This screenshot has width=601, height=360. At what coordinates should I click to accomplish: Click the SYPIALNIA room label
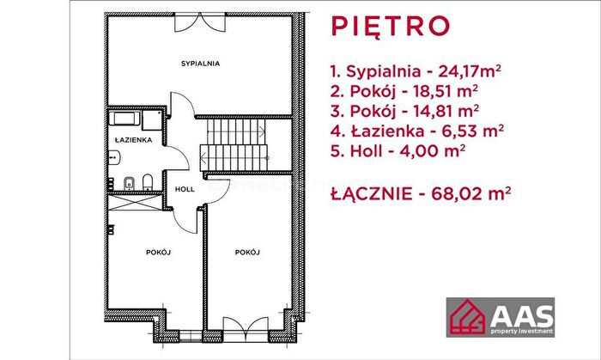click(x=200, y=64)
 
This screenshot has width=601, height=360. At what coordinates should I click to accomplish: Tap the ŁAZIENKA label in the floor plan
click(x=133, y=140)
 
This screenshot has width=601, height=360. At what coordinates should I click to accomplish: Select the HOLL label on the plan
click(x=185, y=189)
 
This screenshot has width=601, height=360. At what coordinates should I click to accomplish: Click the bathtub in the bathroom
click(x=124, y=119)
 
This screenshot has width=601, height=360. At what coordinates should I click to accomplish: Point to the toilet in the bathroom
click(x=148, y=182)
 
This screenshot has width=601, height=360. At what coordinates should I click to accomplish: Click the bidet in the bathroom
click(x=129, y=184)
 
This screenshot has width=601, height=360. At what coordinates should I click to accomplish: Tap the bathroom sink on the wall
click(x=114, y=157)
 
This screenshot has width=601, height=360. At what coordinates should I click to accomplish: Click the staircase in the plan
click(x=234, y=145)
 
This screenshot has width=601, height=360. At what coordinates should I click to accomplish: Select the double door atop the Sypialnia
click(x=200, y=22)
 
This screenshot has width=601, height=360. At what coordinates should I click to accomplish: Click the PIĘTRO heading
click(x=390, y=26)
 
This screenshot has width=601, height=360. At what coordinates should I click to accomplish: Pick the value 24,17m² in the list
click(x=470, y=71)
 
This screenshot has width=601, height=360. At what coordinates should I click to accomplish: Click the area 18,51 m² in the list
click(x=446, y=91)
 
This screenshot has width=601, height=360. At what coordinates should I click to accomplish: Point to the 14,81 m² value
click(x=446, y=111)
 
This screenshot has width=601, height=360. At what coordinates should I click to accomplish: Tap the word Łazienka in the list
click(x=387, y=131)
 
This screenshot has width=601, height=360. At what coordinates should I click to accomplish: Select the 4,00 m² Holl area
click(x=433, y=151)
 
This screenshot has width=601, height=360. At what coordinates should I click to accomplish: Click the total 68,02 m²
click(x=470, y=193)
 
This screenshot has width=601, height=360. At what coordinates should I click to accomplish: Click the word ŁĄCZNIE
click(x=372, y=194)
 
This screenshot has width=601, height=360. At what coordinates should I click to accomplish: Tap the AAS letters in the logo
click(x=522, y=316)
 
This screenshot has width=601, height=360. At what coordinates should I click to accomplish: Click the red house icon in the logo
click(x=468, y=317)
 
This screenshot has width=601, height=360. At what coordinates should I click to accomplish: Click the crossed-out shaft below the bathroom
click(x=136, y=203)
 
